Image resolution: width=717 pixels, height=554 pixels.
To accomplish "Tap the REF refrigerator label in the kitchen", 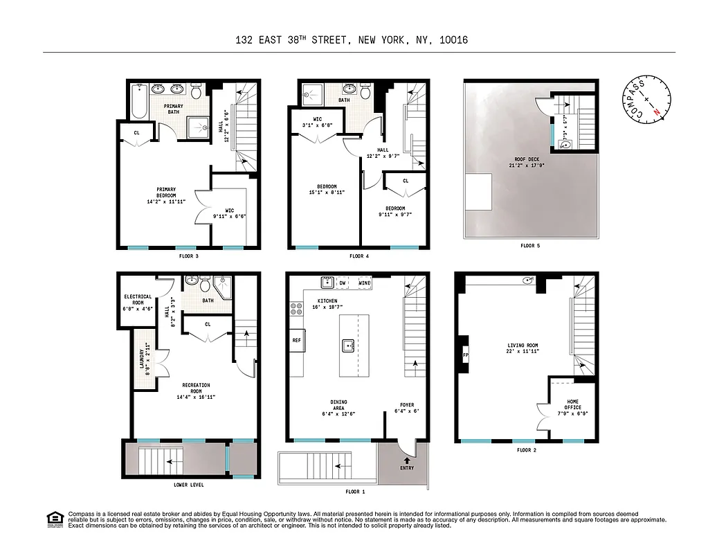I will click(x=297, y=340).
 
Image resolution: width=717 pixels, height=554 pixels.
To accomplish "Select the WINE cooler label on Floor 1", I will click(x=365, y=283).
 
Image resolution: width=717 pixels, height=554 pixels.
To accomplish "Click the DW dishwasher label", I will click(x=343, y=283).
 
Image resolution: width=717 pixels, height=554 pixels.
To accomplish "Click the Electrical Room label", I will click(x=138, y=300).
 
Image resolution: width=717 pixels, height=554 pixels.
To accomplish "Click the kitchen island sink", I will click(x=349, y=344).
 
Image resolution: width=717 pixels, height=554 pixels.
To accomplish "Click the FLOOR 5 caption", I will click(x=531, y=245).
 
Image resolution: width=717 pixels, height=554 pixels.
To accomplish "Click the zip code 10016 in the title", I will click(x=453, y=40).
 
